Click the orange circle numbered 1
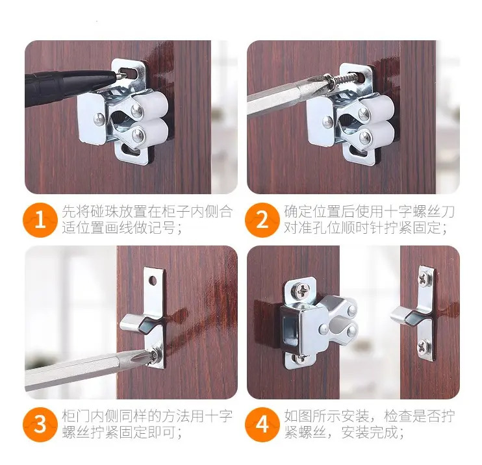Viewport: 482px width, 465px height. point(40,220)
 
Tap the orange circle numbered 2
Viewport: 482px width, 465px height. point(262,220)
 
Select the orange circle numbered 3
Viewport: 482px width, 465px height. point(40,425)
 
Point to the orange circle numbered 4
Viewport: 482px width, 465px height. point(262,425)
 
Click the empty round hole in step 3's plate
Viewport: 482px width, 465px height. point(153,281)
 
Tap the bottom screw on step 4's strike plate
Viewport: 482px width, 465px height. point(424,347)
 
